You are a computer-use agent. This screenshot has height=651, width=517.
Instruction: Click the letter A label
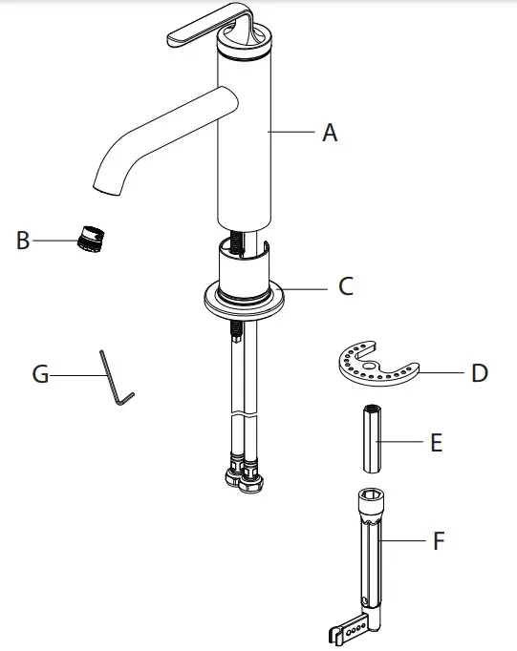point(330,134)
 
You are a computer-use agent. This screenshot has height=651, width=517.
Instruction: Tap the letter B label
point(23,241)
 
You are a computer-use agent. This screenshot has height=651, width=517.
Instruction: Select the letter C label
point(345,285)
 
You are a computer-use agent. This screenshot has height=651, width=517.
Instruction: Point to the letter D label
point(479,371)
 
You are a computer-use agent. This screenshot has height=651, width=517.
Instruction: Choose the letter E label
point(436,443)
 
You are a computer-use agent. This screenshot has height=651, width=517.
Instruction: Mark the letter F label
point(439,541)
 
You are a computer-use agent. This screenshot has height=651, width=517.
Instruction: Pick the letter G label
point(40,375)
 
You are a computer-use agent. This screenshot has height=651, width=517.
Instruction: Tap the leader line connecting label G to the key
point(75,376)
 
